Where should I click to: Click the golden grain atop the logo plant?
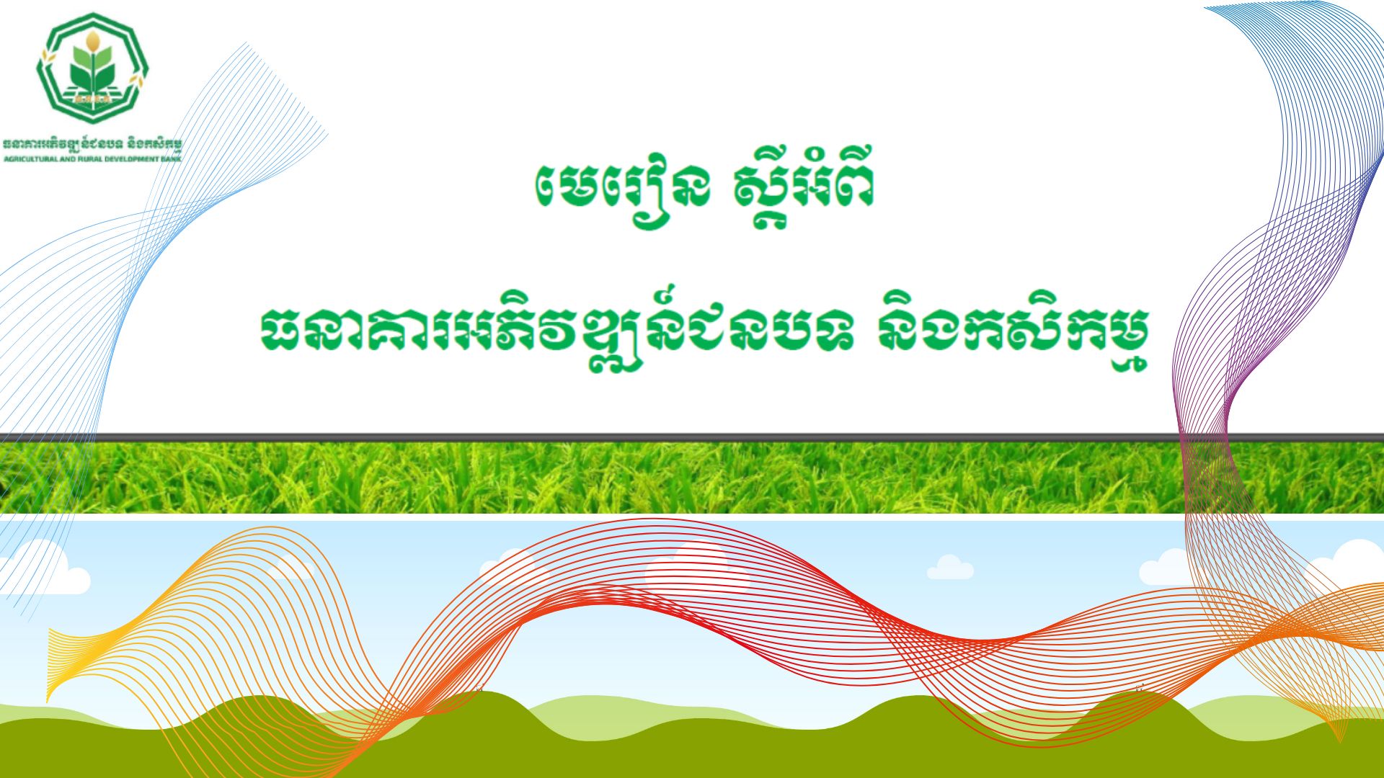coord(92,40)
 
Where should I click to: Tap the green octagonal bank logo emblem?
coord(92,68)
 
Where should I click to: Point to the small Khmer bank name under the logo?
coord(92,144)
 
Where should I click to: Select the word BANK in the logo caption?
coord(172,158)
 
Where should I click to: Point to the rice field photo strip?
coord(692,477)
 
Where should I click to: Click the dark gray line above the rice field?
coord(692,437)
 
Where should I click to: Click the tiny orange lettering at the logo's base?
coord(92,99)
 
